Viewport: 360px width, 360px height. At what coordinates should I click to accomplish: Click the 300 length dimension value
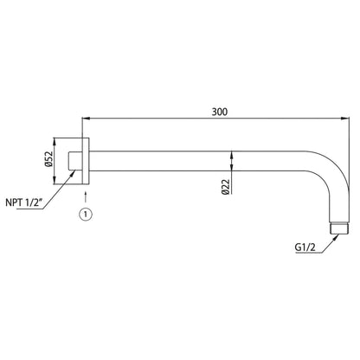pyautogui.click(x=220, y=112)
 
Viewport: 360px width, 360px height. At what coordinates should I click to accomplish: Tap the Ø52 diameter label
pyautogui.click(x=49, y=159)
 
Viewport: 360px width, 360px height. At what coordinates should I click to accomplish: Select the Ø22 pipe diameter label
pyautogui.click(x=226, y=187)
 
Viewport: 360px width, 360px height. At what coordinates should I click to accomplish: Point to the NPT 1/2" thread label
pyautogui.click(x=24, y=202)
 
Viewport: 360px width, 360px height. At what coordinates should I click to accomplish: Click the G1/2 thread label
pyautogui.click(x=305, y=247)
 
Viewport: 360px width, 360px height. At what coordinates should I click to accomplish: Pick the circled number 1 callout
pyautogui.click(x=86, y=215)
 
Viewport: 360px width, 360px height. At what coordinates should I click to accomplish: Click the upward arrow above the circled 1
pyautogui.click(x=86, y=196)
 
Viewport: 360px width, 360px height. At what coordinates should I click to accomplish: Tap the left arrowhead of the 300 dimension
pyautogui.click(x=87, y=118)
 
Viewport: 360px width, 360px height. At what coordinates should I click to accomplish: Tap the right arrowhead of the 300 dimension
pyautogui.click(x=345, y=118)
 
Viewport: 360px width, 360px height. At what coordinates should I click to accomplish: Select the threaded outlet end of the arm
pyautogui.click(x=339, y=228)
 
